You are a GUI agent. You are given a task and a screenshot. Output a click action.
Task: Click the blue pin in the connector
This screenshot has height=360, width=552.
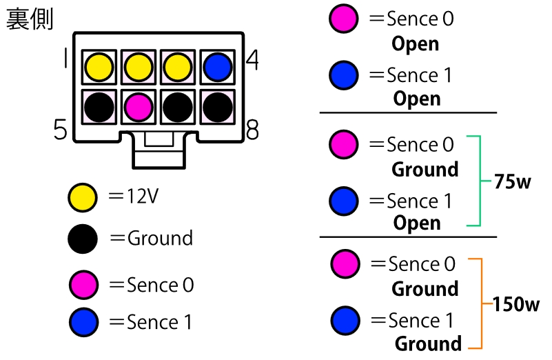pos(218,67)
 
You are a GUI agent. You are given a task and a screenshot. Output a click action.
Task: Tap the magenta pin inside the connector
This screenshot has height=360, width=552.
pos(139,107)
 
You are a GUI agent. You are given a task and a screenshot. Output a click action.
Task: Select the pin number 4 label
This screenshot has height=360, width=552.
pos(252,61)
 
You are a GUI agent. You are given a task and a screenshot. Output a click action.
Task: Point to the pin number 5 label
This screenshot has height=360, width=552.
pos(61,129)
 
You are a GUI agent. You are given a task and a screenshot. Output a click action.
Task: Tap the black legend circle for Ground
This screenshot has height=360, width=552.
pos(83,239)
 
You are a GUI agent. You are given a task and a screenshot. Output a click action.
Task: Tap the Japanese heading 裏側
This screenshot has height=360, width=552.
pos(30,19)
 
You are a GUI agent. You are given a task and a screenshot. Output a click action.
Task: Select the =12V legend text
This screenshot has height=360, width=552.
pos(134,197)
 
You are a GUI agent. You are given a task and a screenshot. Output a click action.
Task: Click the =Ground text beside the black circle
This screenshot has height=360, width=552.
pos(152,239)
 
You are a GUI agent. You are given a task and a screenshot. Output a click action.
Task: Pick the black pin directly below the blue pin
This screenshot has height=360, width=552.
pos(218,107)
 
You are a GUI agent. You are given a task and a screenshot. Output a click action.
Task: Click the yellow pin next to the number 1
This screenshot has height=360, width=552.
pos(99,67)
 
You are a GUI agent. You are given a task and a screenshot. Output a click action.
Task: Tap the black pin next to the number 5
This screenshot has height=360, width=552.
pos(99,107)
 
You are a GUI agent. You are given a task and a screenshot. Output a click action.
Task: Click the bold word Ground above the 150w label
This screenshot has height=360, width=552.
pos(425,288)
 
